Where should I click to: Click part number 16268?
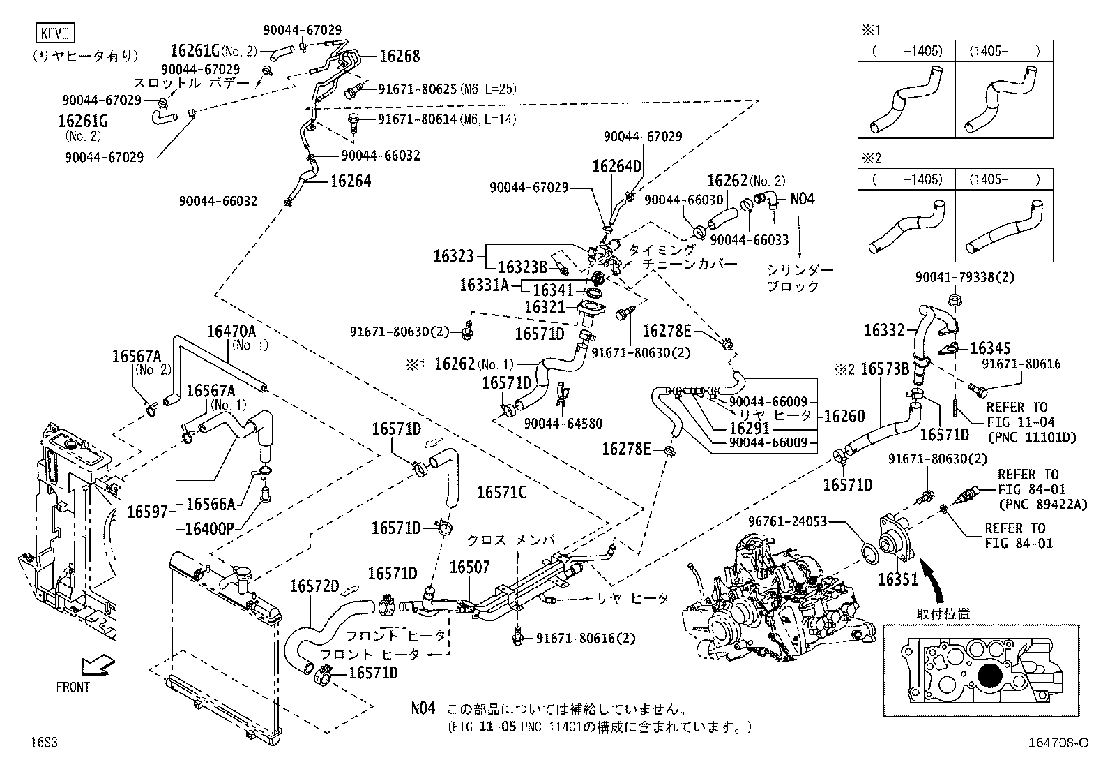pos(400,57)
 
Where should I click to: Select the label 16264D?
pos(616,166)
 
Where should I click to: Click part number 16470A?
pos(231,331)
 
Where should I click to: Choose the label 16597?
pos(147,512)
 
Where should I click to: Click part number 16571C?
pos(501,493)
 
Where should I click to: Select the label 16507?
pos(469,567)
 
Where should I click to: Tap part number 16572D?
pos(314,586)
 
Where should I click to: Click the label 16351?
pos(898,579)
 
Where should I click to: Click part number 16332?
pos(884,331)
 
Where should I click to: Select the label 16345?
pos(990,348)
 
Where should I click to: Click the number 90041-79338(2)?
pos(964,277)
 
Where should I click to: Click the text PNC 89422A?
pos(1042,505)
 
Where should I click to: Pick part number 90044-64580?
pos(563,424)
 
